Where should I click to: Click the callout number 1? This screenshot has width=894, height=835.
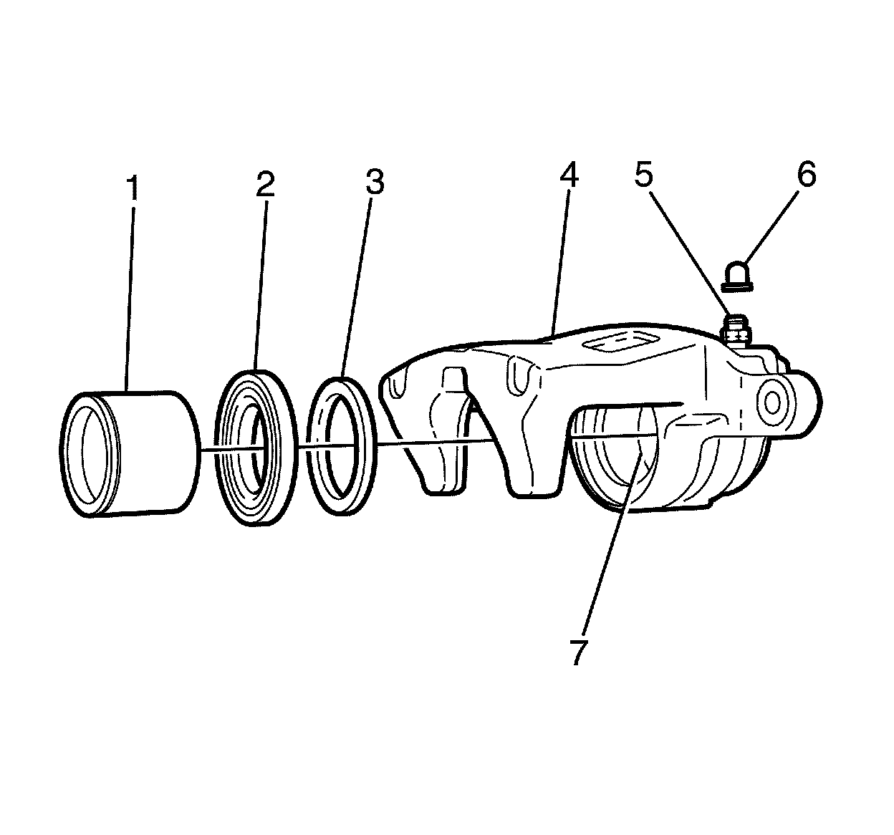tap(133, 187)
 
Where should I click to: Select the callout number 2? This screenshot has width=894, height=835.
tap(265, 185)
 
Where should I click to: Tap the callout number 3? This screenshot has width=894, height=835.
tap(374, 182)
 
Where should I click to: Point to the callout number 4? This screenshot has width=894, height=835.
tap(569, 174)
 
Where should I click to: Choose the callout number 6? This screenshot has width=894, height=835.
tap(806, 174)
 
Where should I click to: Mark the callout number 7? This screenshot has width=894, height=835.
tap(579, 652)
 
